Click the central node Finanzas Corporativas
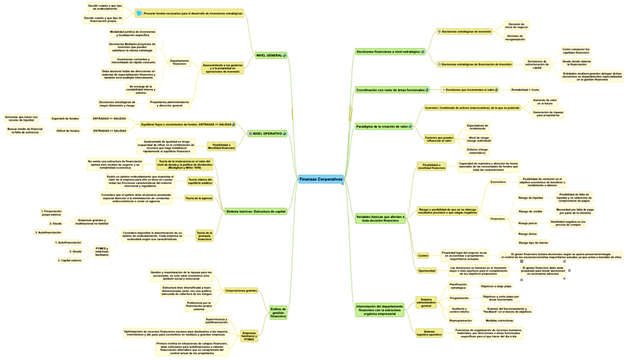tap(320, 179)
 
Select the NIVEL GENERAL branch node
tap(269, 56)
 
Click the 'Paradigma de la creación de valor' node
tap(382, 126)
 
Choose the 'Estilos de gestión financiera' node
tap(278, 312)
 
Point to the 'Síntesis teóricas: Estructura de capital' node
tap(256, 211)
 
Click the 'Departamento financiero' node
tap(179, 63)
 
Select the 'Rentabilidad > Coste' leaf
tap(525, 90)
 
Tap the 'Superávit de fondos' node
tap(65, 118)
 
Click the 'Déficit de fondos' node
tap(65, 131)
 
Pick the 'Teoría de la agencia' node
tap(198, 198)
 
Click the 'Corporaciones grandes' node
tap(241, 290)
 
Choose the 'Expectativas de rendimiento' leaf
tap(478, 127)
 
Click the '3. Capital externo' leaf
tap(69, 260)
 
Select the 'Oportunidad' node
tap(426, 270)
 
